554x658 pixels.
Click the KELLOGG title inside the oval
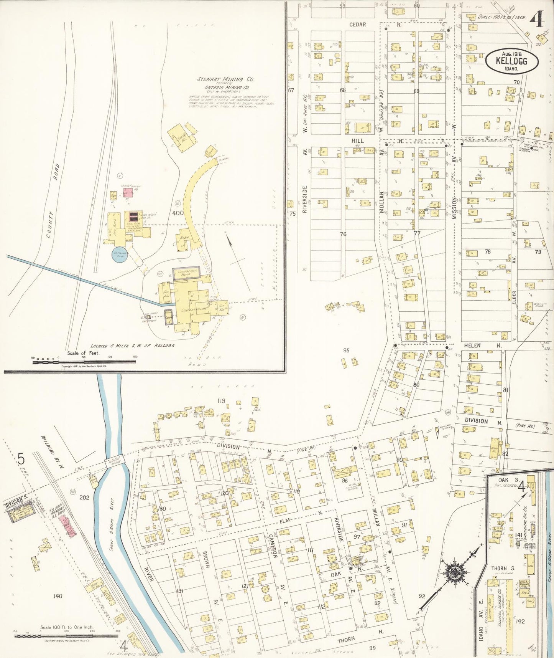pyautogui.click(x=511, y=61)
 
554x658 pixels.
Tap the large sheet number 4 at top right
pyautogui.click(x=538, y=19)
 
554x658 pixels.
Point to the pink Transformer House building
pyautogui.click(x=127, y=192)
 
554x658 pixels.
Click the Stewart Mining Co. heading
pyautogui.click(x=225, y=79)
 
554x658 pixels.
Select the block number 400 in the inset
pyautogui.click(x=178, y=213)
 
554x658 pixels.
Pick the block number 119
pyautogui.click(x=221, y=401)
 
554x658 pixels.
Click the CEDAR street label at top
pyautogui.click(x=357, y=25)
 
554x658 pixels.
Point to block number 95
pyautogui.click(x=346, y=350)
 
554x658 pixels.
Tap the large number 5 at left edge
pyautogui.click(x=21, y=458)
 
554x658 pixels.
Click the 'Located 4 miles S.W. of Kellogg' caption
pyautogui.click(x=133, y=346)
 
